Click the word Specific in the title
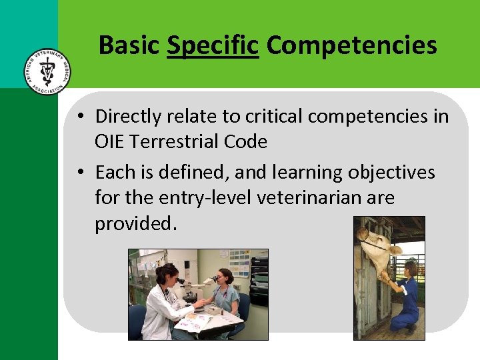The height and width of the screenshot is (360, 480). click(212, 45)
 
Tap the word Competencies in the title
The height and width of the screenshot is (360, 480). click(351, 45)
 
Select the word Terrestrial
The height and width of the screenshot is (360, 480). click(179, 142)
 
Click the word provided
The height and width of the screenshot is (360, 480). click(136, 224)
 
